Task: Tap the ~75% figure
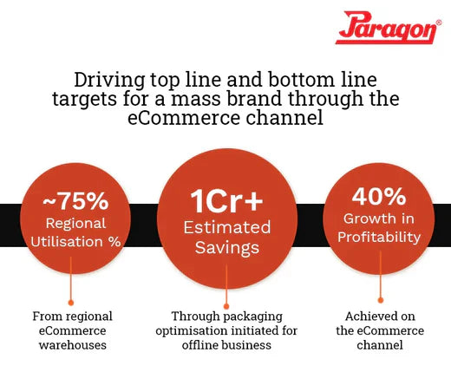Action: coord(75,202)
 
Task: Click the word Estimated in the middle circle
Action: coord(225,227)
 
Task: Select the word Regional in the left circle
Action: coord(75,225)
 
